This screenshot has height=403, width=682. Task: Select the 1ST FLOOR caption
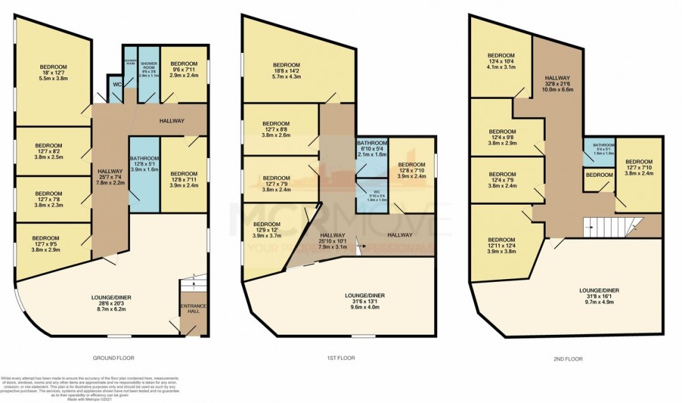(340, 358)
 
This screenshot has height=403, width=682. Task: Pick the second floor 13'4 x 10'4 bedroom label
(500, 61)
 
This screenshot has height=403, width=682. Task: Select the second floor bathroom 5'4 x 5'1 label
(598, 148)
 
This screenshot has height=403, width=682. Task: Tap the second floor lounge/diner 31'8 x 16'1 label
(599, 296)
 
